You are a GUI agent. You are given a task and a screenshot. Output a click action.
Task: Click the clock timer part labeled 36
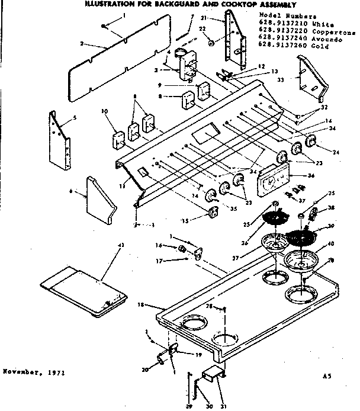pyautogui.click(x=274, y=178)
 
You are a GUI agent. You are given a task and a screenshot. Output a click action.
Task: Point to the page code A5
pyautogui.click(x=326, y=375)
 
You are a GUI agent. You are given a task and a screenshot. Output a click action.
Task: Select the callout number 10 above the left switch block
pyautogui.click(x=105, y=111)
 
